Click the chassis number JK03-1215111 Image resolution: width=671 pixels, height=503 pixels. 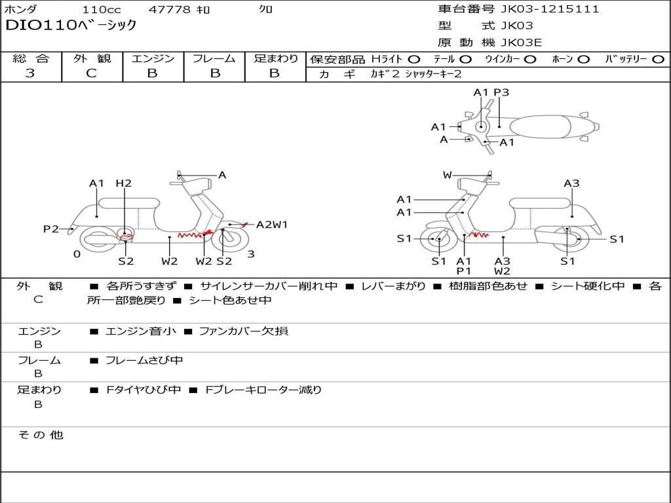click(550, 9)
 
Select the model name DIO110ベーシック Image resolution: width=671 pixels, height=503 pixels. click(71, 25)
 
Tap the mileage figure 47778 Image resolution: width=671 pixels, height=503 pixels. click(169, 9)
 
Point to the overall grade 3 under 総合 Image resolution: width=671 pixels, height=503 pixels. click(30, 73)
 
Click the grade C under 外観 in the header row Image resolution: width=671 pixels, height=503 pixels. click(91, 73)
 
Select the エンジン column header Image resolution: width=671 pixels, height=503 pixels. click(153, 58)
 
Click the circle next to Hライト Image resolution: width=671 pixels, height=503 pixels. click(414, 60)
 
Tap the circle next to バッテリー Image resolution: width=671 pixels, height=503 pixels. click(658, 60)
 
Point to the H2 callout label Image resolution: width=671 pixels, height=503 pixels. click(124, 183)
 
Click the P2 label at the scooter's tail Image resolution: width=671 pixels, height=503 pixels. click(51, 229)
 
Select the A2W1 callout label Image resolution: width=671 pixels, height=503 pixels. click(272, 224)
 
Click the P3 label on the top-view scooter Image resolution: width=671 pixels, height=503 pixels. click(501, 92)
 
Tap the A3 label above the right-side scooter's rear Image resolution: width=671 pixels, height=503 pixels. click(571, 183)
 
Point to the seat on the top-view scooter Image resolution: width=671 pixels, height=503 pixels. click(540, 127)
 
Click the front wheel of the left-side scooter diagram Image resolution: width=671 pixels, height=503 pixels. click(230, 240)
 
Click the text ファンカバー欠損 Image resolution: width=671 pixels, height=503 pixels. click(244, 331)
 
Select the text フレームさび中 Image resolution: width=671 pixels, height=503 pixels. click(144, 361)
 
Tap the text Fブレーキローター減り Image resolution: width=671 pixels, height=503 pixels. click(263, 390)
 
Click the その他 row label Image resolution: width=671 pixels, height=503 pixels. click(40, 435)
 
